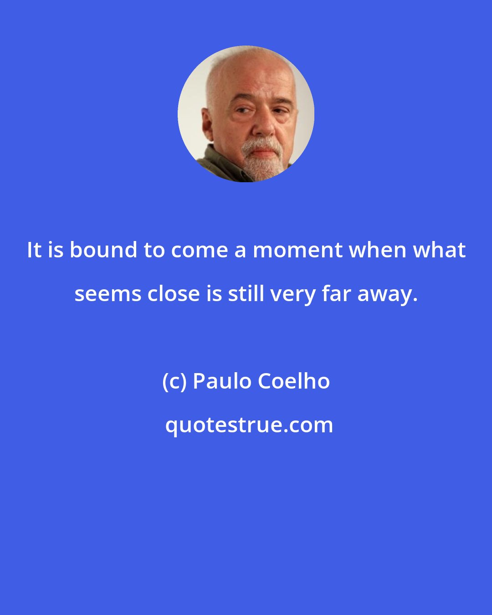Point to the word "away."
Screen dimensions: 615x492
[x=387, y=294]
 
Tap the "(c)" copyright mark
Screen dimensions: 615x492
[x=174, y=381]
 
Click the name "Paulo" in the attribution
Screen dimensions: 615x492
[x=223, y=381]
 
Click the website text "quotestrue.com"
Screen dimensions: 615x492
[x=249, y=425]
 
